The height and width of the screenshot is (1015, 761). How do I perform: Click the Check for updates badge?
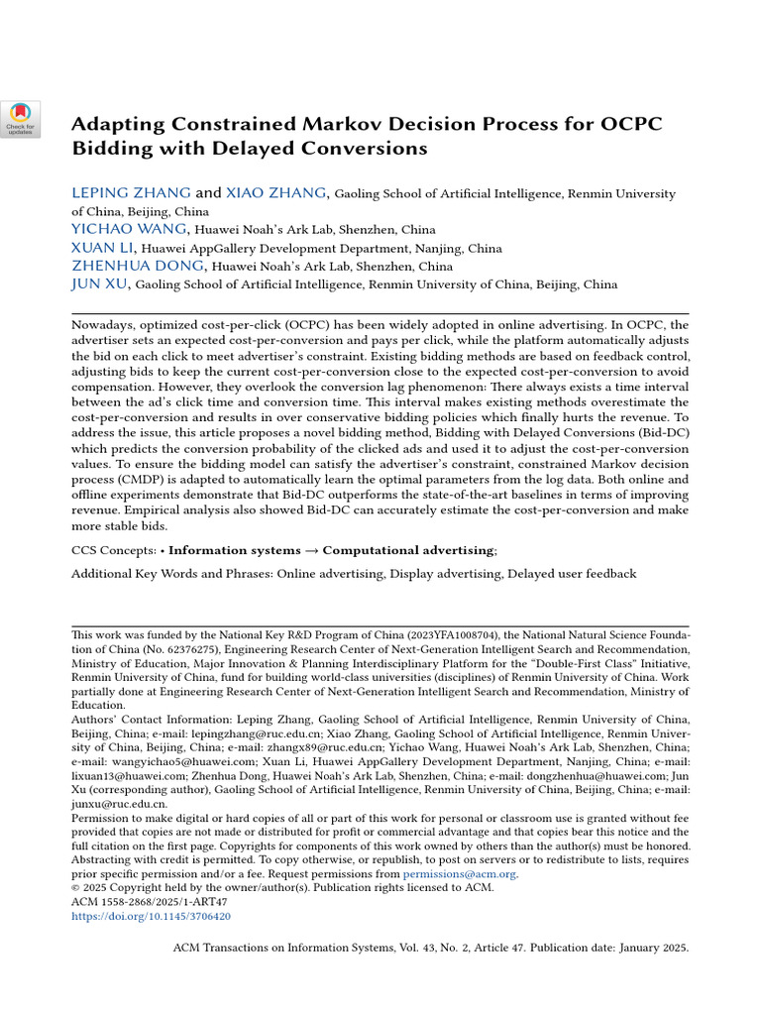point(20,118)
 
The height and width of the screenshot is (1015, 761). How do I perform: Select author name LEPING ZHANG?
point(131,193)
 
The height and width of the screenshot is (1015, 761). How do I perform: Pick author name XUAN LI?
point(102,247)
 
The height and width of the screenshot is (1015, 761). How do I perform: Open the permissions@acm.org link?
point(460,874)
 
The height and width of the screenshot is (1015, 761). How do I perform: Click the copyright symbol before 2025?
point(76,888)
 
